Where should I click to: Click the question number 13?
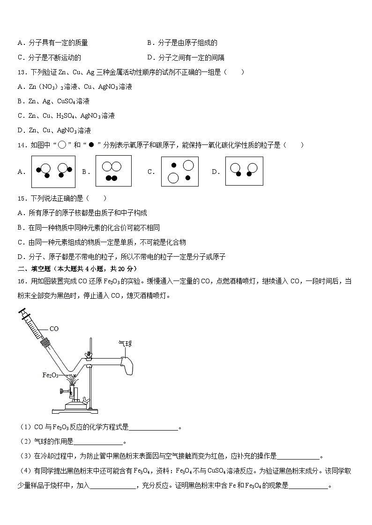22,72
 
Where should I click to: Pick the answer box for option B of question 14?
113,171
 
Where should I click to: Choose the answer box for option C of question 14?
180,172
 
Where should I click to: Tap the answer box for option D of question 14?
244,171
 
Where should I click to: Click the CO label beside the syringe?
54,329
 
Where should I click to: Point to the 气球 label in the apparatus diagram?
125,344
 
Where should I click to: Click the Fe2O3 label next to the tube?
50,375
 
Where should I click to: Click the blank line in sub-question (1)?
153,427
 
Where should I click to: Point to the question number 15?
22,198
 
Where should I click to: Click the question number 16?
22,281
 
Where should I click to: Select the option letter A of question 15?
20,213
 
